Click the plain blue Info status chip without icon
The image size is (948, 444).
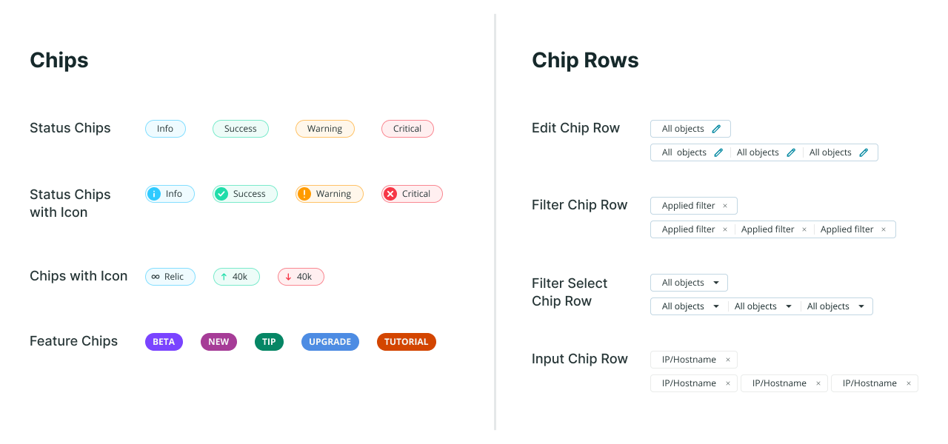point(165,129)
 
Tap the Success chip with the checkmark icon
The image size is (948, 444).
point(244,194)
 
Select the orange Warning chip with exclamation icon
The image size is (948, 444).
point(329,194)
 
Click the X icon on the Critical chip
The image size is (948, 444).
point(390,194)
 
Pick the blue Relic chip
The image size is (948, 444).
point(170,277)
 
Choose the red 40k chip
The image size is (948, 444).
point(301,277)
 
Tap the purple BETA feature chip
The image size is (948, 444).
point(164,342)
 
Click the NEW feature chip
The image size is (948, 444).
point(218,342)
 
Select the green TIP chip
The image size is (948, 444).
point(269,342)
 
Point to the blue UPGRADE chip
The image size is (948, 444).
point(330,342)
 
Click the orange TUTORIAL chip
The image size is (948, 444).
point(406,342)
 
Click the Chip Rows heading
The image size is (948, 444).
point(585,60)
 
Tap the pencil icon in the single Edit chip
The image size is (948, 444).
point(715,129)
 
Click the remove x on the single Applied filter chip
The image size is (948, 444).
point(725,206)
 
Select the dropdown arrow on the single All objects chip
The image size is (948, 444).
point(716,283)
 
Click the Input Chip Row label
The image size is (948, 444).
point(580,359)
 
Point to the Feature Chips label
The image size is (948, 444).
point(73,341)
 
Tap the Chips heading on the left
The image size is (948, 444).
point(59,60)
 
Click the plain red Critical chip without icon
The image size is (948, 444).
point(407,129)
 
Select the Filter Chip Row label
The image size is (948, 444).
point(580,205)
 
